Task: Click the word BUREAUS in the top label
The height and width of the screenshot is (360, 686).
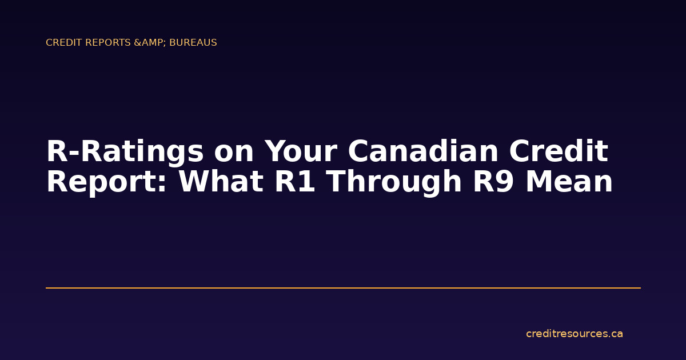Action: (x=193, y=43)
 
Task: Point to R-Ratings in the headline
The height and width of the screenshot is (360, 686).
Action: (x=124, y=152)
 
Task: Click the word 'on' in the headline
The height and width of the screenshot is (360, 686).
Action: (x=233, y=152)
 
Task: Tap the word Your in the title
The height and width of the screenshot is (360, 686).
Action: (x=300, y=152)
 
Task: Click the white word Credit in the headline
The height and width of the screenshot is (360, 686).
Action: (x=559, y=152)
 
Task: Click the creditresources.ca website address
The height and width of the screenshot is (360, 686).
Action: (x=574, y=334)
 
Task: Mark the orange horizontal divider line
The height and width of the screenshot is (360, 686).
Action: (x=343, y=288)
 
